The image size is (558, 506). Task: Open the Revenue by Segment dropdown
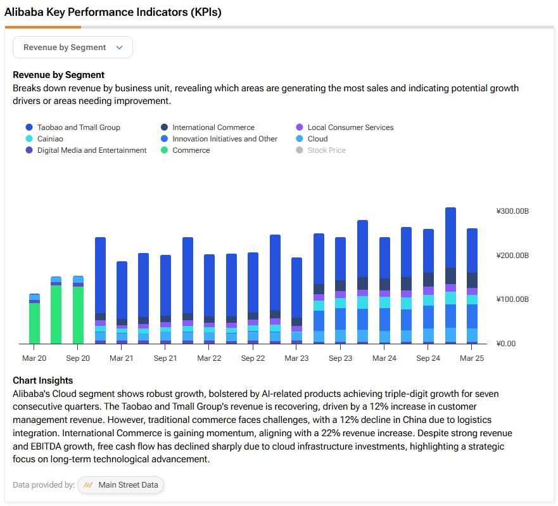click(73, 48)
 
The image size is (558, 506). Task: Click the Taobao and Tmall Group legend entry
click(73, 127)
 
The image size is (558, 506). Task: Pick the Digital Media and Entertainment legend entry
click(86, 150)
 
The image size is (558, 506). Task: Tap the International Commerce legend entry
click(208, 127)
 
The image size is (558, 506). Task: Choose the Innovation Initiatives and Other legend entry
click(219, 139)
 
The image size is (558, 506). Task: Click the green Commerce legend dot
click(165, 150)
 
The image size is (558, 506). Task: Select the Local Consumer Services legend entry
click(345, 127)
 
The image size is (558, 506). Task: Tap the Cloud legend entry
click(312, 139)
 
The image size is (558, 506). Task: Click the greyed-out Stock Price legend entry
click(321, 150)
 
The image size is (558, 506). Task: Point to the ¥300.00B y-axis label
click(512, 211)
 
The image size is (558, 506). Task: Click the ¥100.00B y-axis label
click(512, 299)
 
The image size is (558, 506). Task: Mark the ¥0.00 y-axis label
click(505, 344)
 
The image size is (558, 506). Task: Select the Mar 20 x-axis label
click(34, 358)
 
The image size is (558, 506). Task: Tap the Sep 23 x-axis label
click(341, 358)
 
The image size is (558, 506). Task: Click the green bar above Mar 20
click(35, 323)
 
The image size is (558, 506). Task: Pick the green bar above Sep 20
click(79, 315)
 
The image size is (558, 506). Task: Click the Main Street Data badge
click(120, 485)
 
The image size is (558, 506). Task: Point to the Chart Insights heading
click(42, 380)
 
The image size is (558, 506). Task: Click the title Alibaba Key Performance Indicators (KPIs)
click(113, 12)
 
